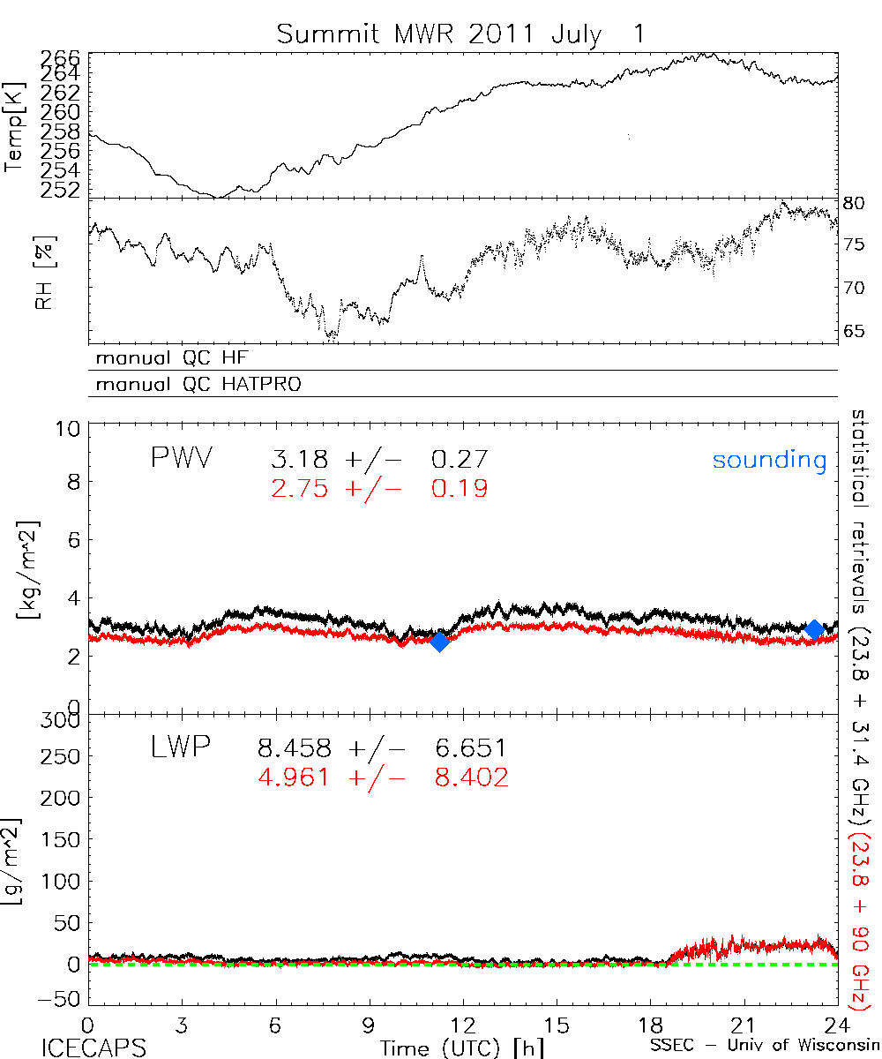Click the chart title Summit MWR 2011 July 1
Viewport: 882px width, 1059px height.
(x=460, y=34)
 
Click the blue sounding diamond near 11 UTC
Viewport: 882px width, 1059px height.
(x=439, y=642)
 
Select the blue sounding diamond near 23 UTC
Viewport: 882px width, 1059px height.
(x=814, y=629)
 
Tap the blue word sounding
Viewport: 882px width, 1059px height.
(x=769, y=460)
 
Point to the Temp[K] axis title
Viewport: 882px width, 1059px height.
(x=16, y=128)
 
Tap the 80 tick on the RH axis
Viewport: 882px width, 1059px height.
(x=854, y=203)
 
